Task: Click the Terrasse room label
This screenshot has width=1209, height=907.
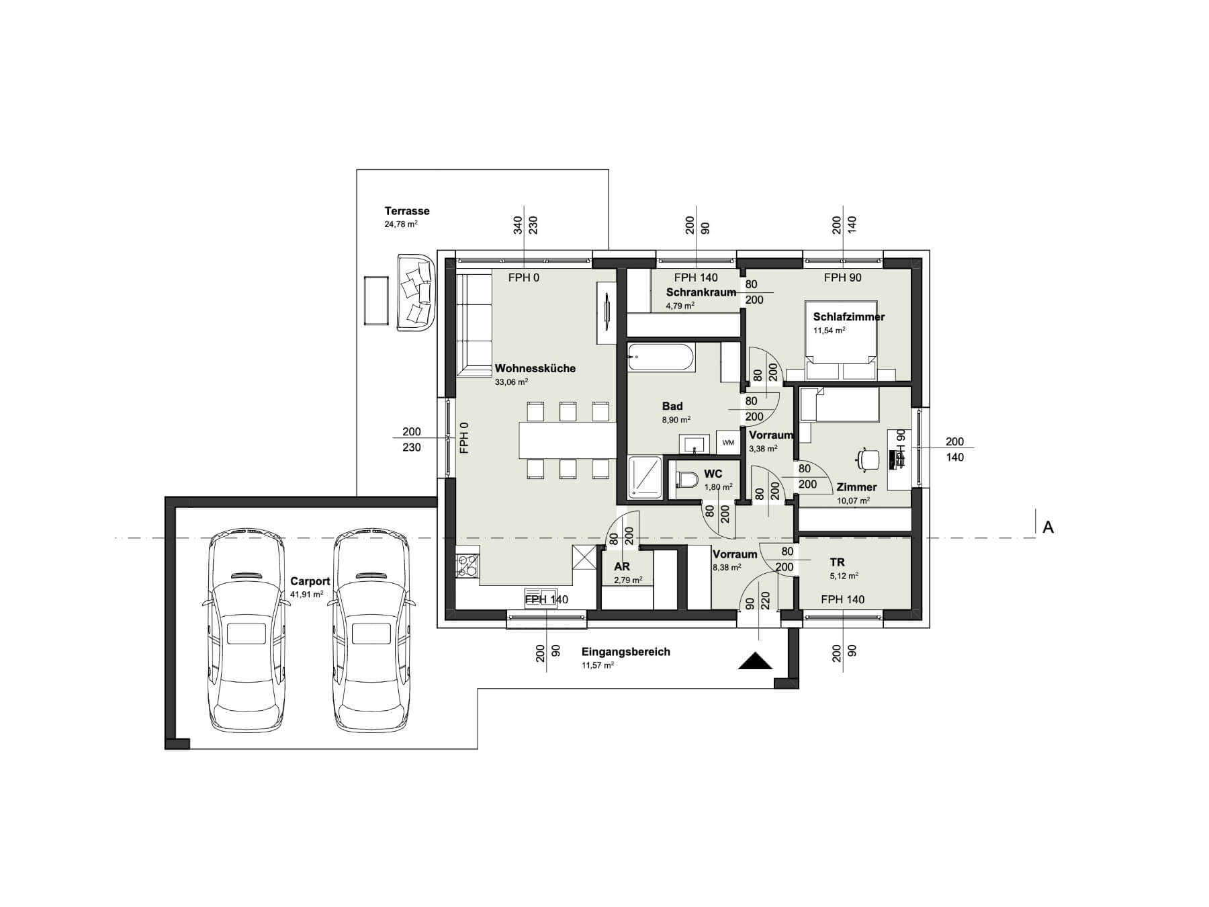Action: click(x=407, y=211)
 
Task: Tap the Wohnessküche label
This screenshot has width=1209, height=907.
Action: click(x=535, y=368)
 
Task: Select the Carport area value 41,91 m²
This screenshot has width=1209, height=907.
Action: click(x=307, y=595)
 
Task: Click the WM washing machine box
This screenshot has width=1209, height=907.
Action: click(x=728, y=443)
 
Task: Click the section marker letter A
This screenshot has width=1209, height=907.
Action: click(x=1048, y=528)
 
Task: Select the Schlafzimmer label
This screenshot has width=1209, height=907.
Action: click(x=849, y=316)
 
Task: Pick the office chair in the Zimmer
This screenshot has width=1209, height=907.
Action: click(x=868, y=459)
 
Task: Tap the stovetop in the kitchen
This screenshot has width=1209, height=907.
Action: click(x=467, y=564)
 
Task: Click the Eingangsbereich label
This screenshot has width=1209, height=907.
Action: click(x=626, y=652)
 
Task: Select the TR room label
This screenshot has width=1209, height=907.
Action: click(x=837, y=562)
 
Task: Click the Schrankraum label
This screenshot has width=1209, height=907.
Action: click(x=701, y=292)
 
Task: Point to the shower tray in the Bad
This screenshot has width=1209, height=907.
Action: click(x=645, y=478)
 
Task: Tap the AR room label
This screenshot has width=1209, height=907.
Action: click(x=622, y=567)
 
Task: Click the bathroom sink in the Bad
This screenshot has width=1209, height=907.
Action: click(x=694, y=443)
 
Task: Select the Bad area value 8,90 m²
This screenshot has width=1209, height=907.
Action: click(x=676, y=420)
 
